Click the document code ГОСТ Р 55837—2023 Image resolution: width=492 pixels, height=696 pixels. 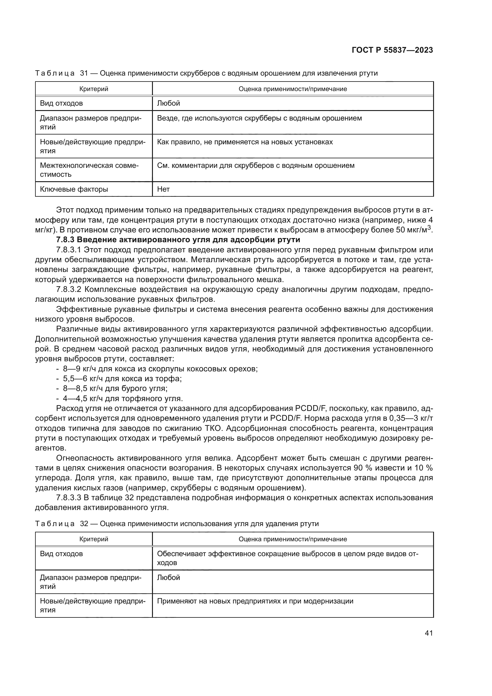[x=392, y=50]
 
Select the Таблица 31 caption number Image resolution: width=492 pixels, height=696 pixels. [x=84, y=73]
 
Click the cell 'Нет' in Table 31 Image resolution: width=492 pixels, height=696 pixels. [x=163, y=190]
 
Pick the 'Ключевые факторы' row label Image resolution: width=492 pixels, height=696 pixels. [x=74, y=190]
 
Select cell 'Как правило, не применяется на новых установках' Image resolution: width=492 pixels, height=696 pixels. [x=245, y=142]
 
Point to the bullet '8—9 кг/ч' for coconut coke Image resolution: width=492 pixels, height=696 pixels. [x=160, y=369]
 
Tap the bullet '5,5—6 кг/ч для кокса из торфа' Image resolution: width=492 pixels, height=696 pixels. [x=122, y=379]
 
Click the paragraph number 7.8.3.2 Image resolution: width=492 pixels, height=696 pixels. [x=69, y=290]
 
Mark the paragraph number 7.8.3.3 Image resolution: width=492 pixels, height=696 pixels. [x=69, y=498]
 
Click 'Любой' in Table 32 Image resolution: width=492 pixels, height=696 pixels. [x=168, y=578]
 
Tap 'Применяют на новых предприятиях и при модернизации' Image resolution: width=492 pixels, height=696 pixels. [x=255, y=601]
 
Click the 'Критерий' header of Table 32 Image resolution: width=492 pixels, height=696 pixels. [x=94, y=539]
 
